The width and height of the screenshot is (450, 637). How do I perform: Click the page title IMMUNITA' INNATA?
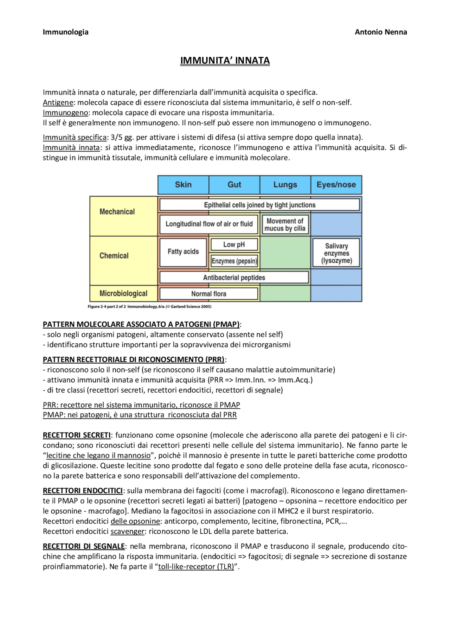[x=225, y=60]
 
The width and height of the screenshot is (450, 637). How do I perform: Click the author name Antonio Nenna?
[x=381, y=32]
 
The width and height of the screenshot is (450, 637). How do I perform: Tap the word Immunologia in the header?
[x=66, y=32]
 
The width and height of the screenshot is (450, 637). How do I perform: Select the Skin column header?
[x=183, y=185]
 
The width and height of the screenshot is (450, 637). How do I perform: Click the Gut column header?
[x=234, y=185]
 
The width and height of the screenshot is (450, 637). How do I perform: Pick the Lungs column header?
[x=285, y=185]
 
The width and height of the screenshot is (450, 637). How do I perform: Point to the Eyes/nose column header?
[x=336, y=185]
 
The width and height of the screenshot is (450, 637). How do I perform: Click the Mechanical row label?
[x=117, y=212]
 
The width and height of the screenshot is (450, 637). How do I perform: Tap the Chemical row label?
[x=114, y=256]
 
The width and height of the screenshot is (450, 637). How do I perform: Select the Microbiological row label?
[x=123, y=293]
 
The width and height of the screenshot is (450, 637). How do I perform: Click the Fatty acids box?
[x=183, y=252]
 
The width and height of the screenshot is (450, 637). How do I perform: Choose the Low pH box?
[x=234, y=244]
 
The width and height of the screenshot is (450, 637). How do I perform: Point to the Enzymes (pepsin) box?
[x=234, y=261]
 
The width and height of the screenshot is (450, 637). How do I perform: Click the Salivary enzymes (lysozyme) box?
[x=336, y=253]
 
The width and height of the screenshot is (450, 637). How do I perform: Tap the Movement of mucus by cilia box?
[x=285, y=225]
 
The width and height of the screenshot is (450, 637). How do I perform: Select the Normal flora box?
[x=209, y=294]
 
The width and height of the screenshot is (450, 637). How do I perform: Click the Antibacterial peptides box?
[x=234, y=278]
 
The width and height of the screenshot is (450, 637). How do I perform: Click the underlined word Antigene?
[x=58, y=103]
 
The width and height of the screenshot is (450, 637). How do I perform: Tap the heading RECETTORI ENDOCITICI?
[x=83, y=491]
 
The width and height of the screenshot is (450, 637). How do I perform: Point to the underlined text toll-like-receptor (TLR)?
[x=196, y=567]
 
